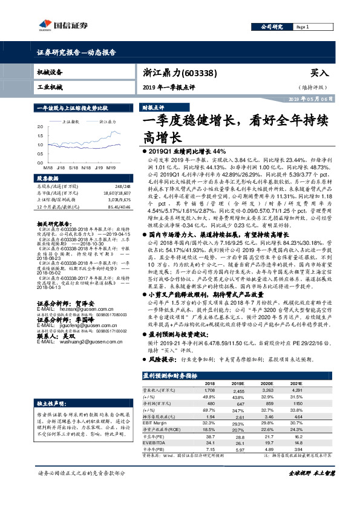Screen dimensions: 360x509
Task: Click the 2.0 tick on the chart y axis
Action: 41,127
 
